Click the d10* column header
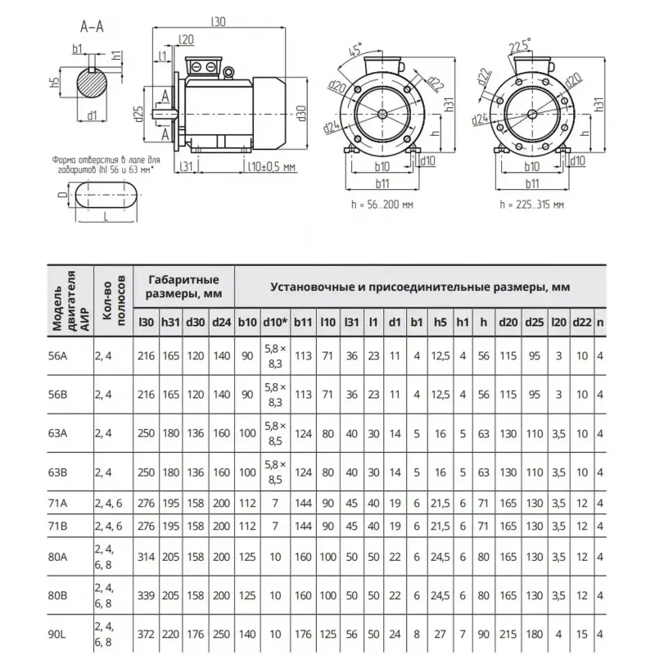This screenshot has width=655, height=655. point(273,322)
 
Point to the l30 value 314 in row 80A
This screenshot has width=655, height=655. point(147,555)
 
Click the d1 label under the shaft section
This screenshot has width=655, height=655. point(93,115)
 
